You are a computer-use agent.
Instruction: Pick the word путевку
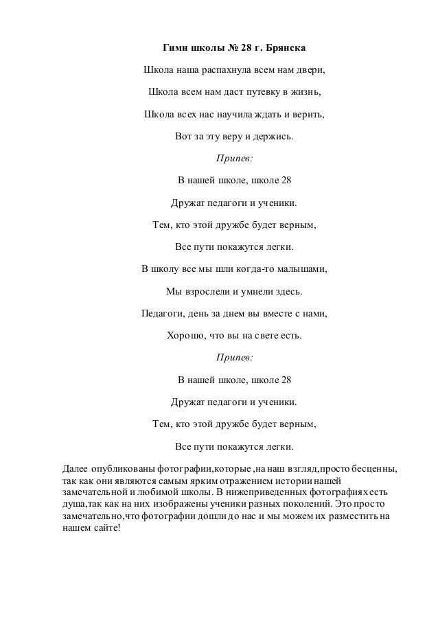click(260, 93)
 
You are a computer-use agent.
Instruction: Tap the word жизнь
click(303, 93)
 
